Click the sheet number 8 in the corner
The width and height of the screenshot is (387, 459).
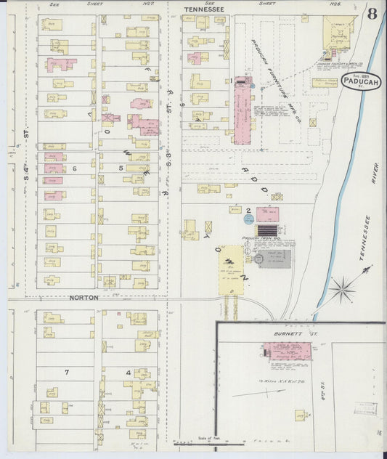[x=372, y=14]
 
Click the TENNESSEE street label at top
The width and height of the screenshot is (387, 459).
[x=204, y=9]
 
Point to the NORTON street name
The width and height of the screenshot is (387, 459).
[x=83, y=298]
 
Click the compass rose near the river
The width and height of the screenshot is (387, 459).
[x=341, y=288]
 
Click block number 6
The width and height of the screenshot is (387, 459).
[x=74, y=168]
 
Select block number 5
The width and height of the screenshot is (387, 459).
[x=121, y=168]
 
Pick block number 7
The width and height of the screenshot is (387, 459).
[x=66, y=372]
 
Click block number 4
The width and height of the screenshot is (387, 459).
[x=129, y=372]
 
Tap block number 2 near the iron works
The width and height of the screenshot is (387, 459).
[x=248, y=211]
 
